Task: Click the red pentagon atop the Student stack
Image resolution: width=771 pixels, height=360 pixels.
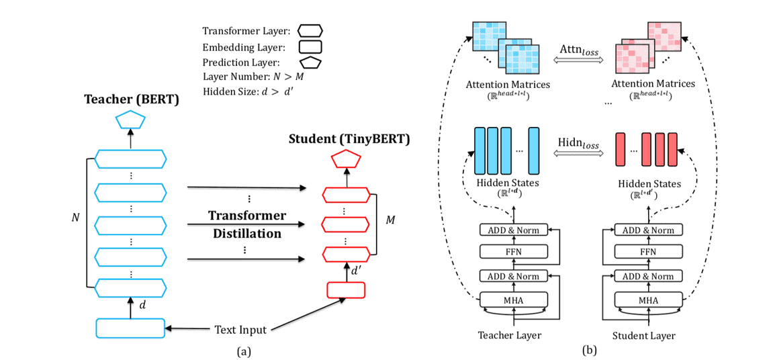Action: click(347, 159)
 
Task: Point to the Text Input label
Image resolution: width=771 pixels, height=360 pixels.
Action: click(240, 330)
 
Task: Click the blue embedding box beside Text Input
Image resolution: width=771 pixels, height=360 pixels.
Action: click(130, 328)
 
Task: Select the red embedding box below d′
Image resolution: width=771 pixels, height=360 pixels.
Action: click(346, 289)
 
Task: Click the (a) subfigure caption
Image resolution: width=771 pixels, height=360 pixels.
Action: click(244, 350)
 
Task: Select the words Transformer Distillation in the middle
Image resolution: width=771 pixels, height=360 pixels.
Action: click(247, 225)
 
